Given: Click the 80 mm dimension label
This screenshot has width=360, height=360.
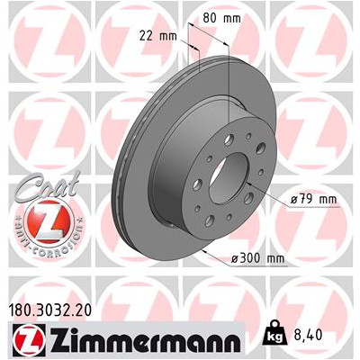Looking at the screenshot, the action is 221,18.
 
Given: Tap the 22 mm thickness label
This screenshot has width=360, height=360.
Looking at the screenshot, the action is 158,36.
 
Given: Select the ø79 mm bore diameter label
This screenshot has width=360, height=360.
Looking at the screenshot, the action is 313,199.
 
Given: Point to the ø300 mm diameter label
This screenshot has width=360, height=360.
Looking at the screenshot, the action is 257,258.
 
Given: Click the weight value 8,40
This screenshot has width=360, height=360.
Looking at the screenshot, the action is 307,334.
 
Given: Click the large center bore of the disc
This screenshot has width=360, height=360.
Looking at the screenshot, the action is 229,178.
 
